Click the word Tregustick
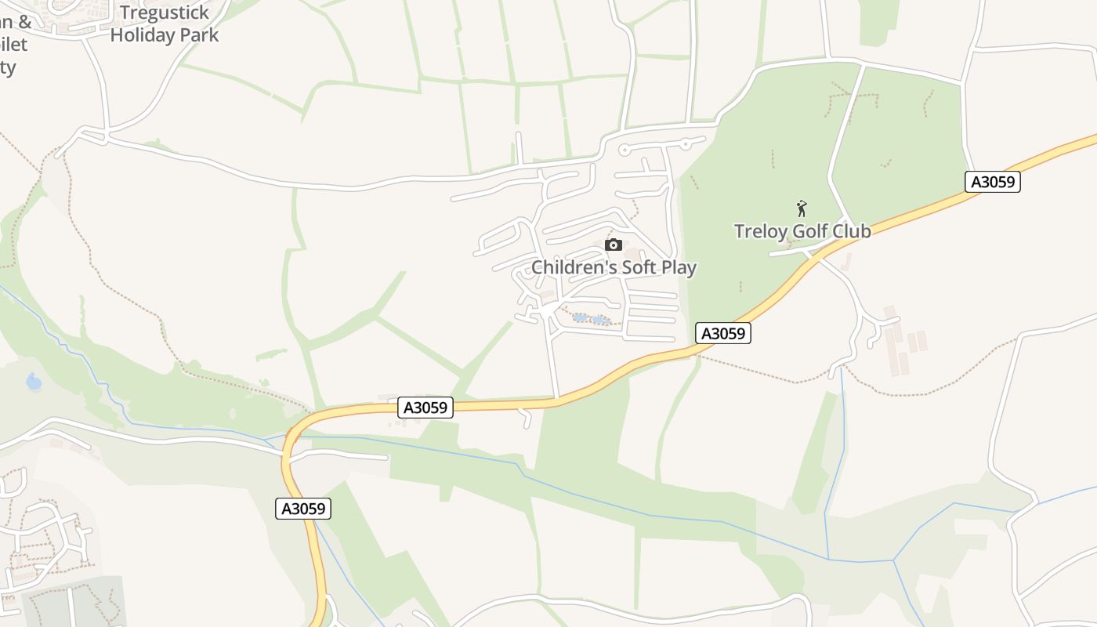pyautogui.click(x=165, y=13)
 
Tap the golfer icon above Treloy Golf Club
pyautogui.click(x=802, y=208)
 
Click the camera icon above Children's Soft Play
pyautogui.click(x=614, y=245)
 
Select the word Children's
pyautogui.click(x=572, y=267)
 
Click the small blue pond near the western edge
pyautogui.click(x=34, y=382)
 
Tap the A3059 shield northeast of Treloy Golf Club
pyautogui.click(x=993, y=183)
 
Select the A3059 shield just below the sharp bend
pyautogui.click(x=304, y=509)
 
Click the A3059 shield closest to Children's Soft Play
pyautogui.click(x=723, y=333)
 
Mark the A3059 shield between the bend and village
pyautogui.click(x=425, y=408)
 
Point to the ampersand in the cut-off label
pyautogui.click(x=24, y=22)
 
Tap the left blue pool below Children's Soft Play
pyautogui.click(x=580, y=317)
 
